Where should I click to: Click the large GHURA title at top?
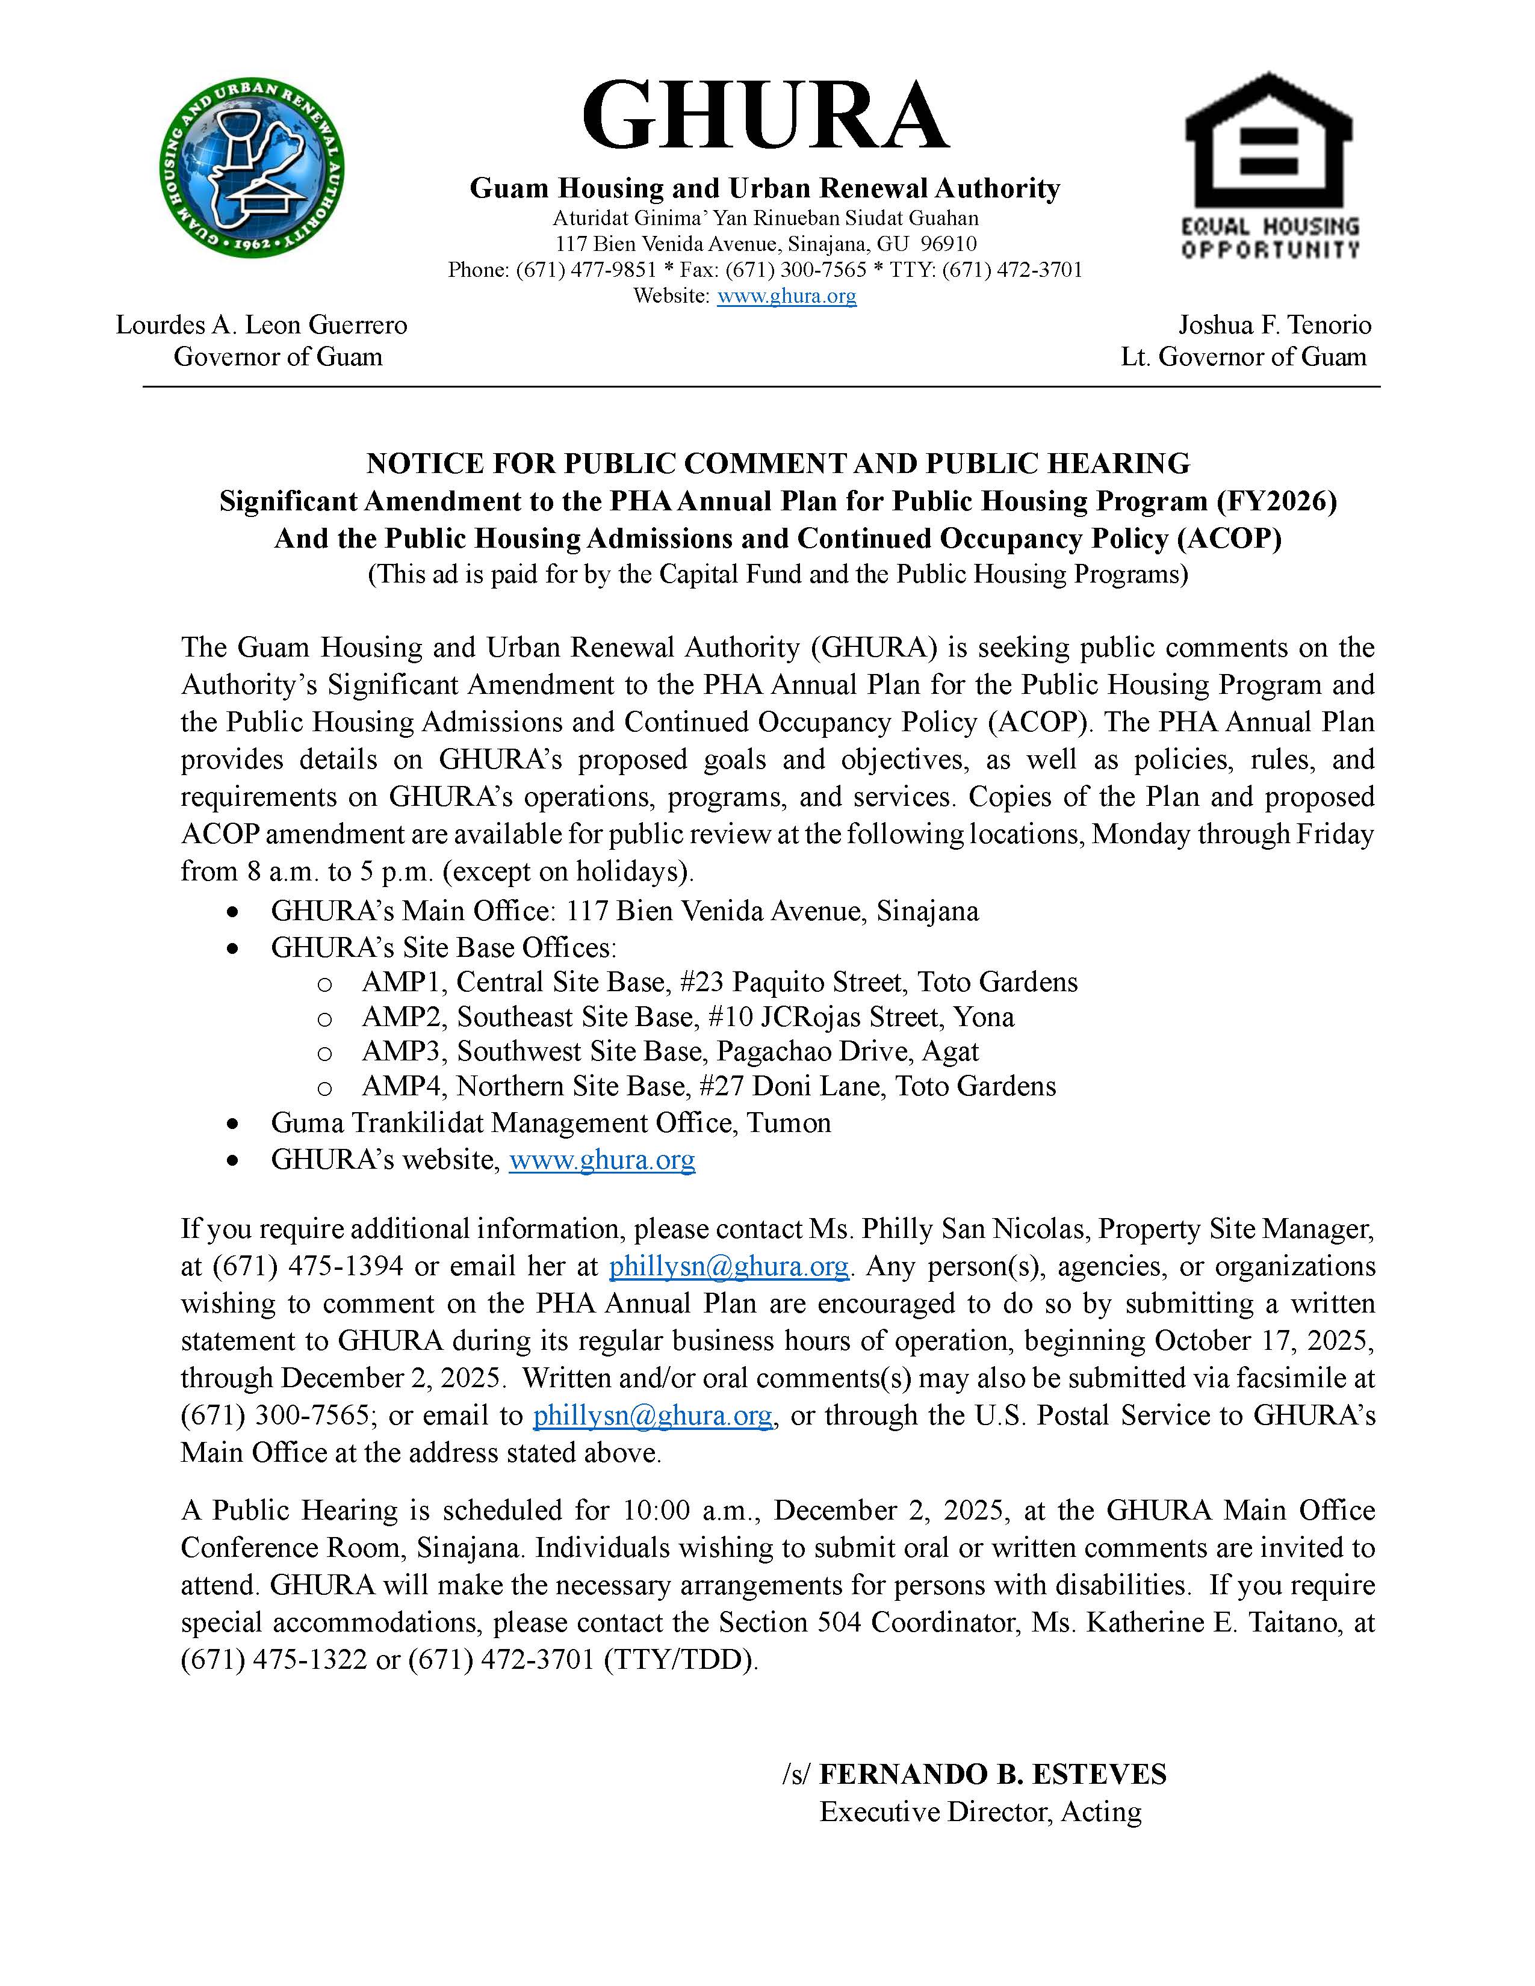click(764, 116)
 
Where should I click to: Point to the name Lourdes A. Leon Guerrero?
click(261, 324)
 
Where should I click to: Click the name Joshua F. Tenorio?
click(1275, 324)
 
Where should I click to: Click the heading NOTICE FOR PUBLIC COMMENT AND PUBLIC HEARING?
click(778, 464)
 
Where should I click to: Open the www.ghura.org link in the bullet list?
click(602, 1160)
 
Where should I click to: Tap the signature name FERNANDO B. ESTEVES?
click(993, 1774)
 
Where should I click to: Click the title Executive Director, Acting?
click(980, 1811)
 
